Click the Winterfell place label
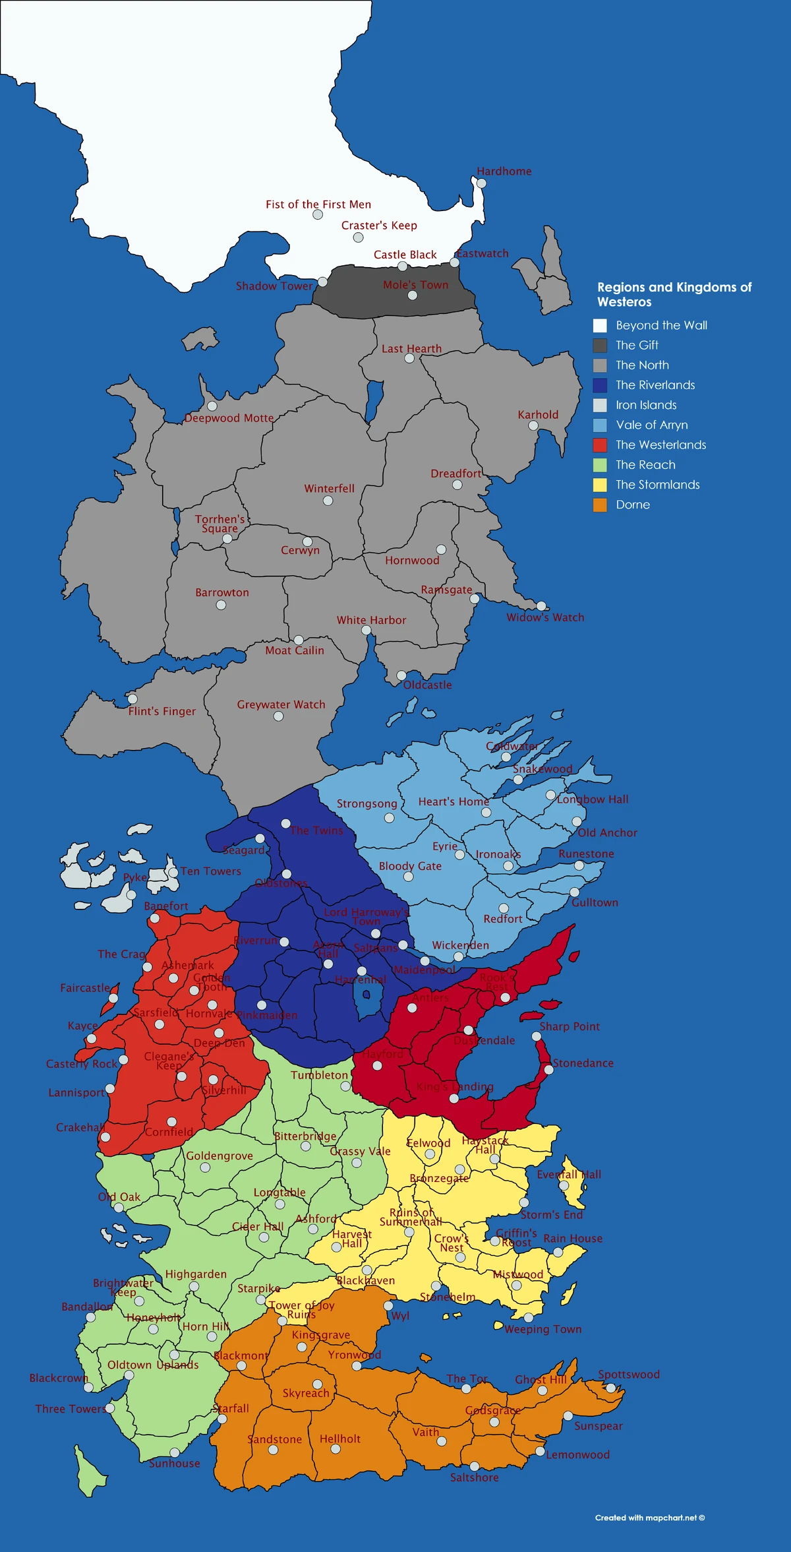329,489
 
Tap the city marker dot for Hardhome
481,183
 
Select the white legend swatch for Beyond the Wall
600,325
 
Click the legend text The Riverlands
655,385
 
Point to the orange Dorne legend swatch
600,505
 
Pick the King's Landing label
455,1086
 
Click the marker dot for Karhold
533,425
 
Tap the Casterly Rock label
81,1064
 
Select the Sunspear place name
598,1425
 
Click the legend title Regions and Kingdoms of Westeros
674,294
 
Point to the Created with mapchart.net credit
649,1518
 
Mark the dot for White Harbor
366,631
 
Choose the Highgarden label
196,1274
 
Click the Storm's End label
552,1214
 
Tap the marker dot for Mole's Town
412,295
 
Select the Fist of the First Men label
318,204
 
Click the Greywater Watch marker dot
278,716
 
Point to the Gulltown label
595,902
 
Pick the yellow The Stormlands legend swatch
600,485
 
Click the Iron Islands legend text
646,405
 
